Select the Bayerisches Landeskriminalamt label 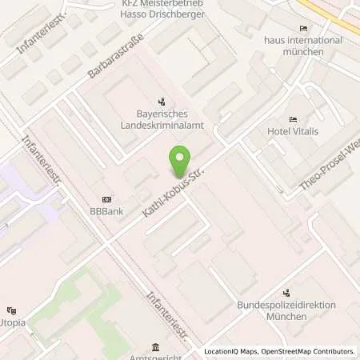point(163,122)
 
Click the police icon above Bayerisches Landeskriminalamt point(162,102)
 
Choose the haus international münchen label point(285,46)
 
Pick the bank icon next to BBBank point(106,200)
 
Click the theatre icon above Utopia point(11,310)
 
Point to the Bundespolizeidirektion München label point(286,310)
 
